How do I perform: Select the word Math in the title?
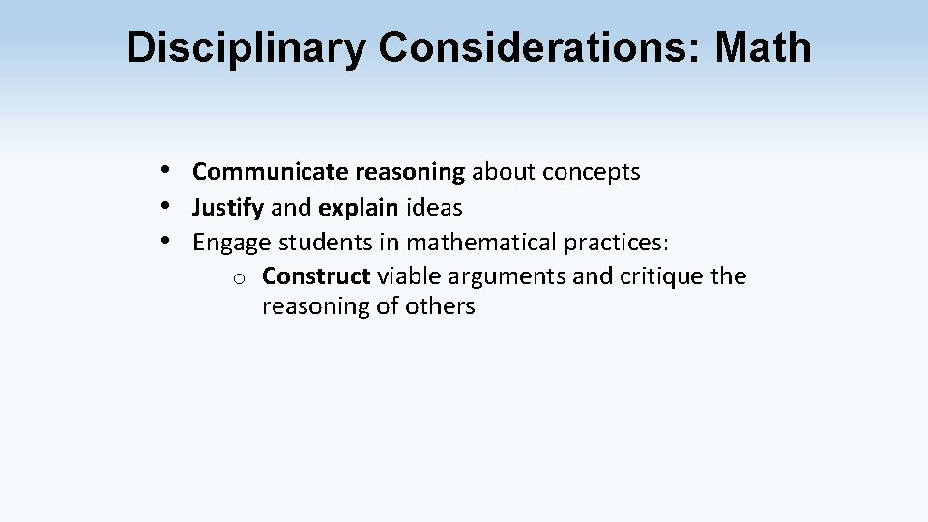pos(763,47)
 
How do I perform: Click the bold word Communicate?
pos(270,172)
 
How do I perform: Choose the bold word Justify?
pos(227,207)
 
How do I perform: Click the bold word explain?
pos(358,207)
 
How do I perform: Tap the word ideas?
pos(433,207)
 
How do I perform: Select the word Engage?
pos(232,242)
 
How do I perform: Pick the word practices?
pos(613,242)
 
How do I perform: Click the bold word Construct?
pos(316,276)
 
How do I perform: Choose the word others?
pos(441,307)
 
